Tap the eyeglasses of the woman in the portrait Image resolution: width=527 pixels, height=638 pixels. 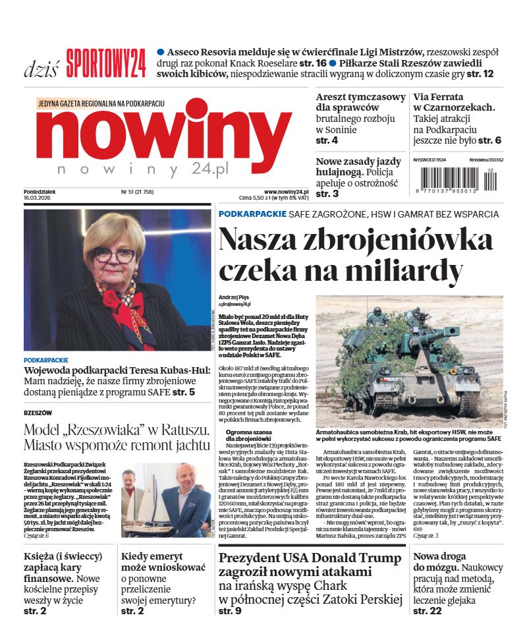[x=113, y=254]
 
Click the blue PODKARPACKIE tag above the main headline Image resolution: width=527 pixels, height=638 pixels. [x=252, y=214]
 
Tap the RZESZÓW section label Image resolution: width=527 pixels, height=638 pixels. [x=38, y=413]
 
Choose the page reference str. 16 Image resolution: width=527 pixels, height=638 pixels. [x=312, y=63]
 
